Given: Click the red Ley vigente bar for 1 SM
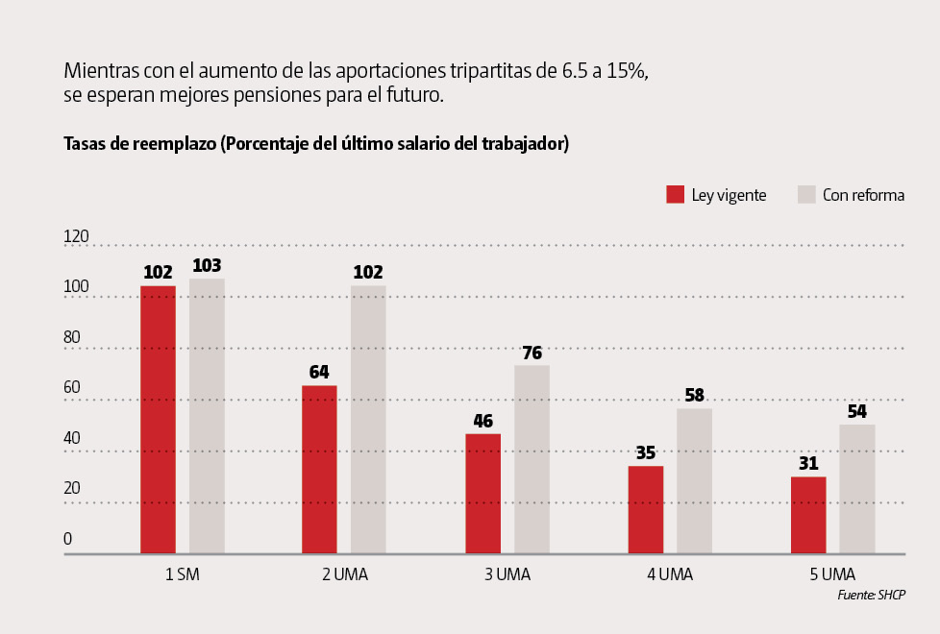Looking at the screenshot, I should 158,420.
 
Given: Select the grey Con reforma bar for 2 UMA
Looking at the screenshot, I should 368,420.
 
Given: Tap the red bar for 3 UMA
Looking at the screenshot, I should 482,494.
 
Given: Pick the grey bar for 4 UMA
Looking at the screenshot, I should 694,481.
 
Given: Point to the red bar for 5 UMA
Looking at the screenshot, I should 808,515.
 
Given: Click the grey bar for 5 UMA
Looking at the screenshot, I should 857,489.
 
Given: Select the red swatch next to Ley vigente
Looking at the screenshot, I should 675,195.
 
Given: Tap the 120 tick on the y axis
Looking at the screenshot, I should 76,236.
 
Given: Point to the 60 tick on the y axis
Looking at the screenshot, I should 72,387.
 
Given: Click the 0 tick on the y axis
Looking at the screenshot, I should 68,539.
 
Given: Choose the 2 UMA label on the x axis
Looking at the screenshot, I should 344,574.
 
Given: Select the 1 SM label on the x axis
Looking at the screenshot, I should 182,574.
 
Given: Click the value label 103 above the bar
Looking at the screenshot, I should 207,265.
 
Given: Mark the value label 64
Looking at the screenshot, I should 319,372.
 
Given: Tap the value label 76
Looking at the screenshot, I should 532,352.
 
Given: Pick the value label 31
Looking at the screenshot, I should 808,463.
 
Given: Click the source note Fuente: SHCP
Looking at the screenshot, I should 872,596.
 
